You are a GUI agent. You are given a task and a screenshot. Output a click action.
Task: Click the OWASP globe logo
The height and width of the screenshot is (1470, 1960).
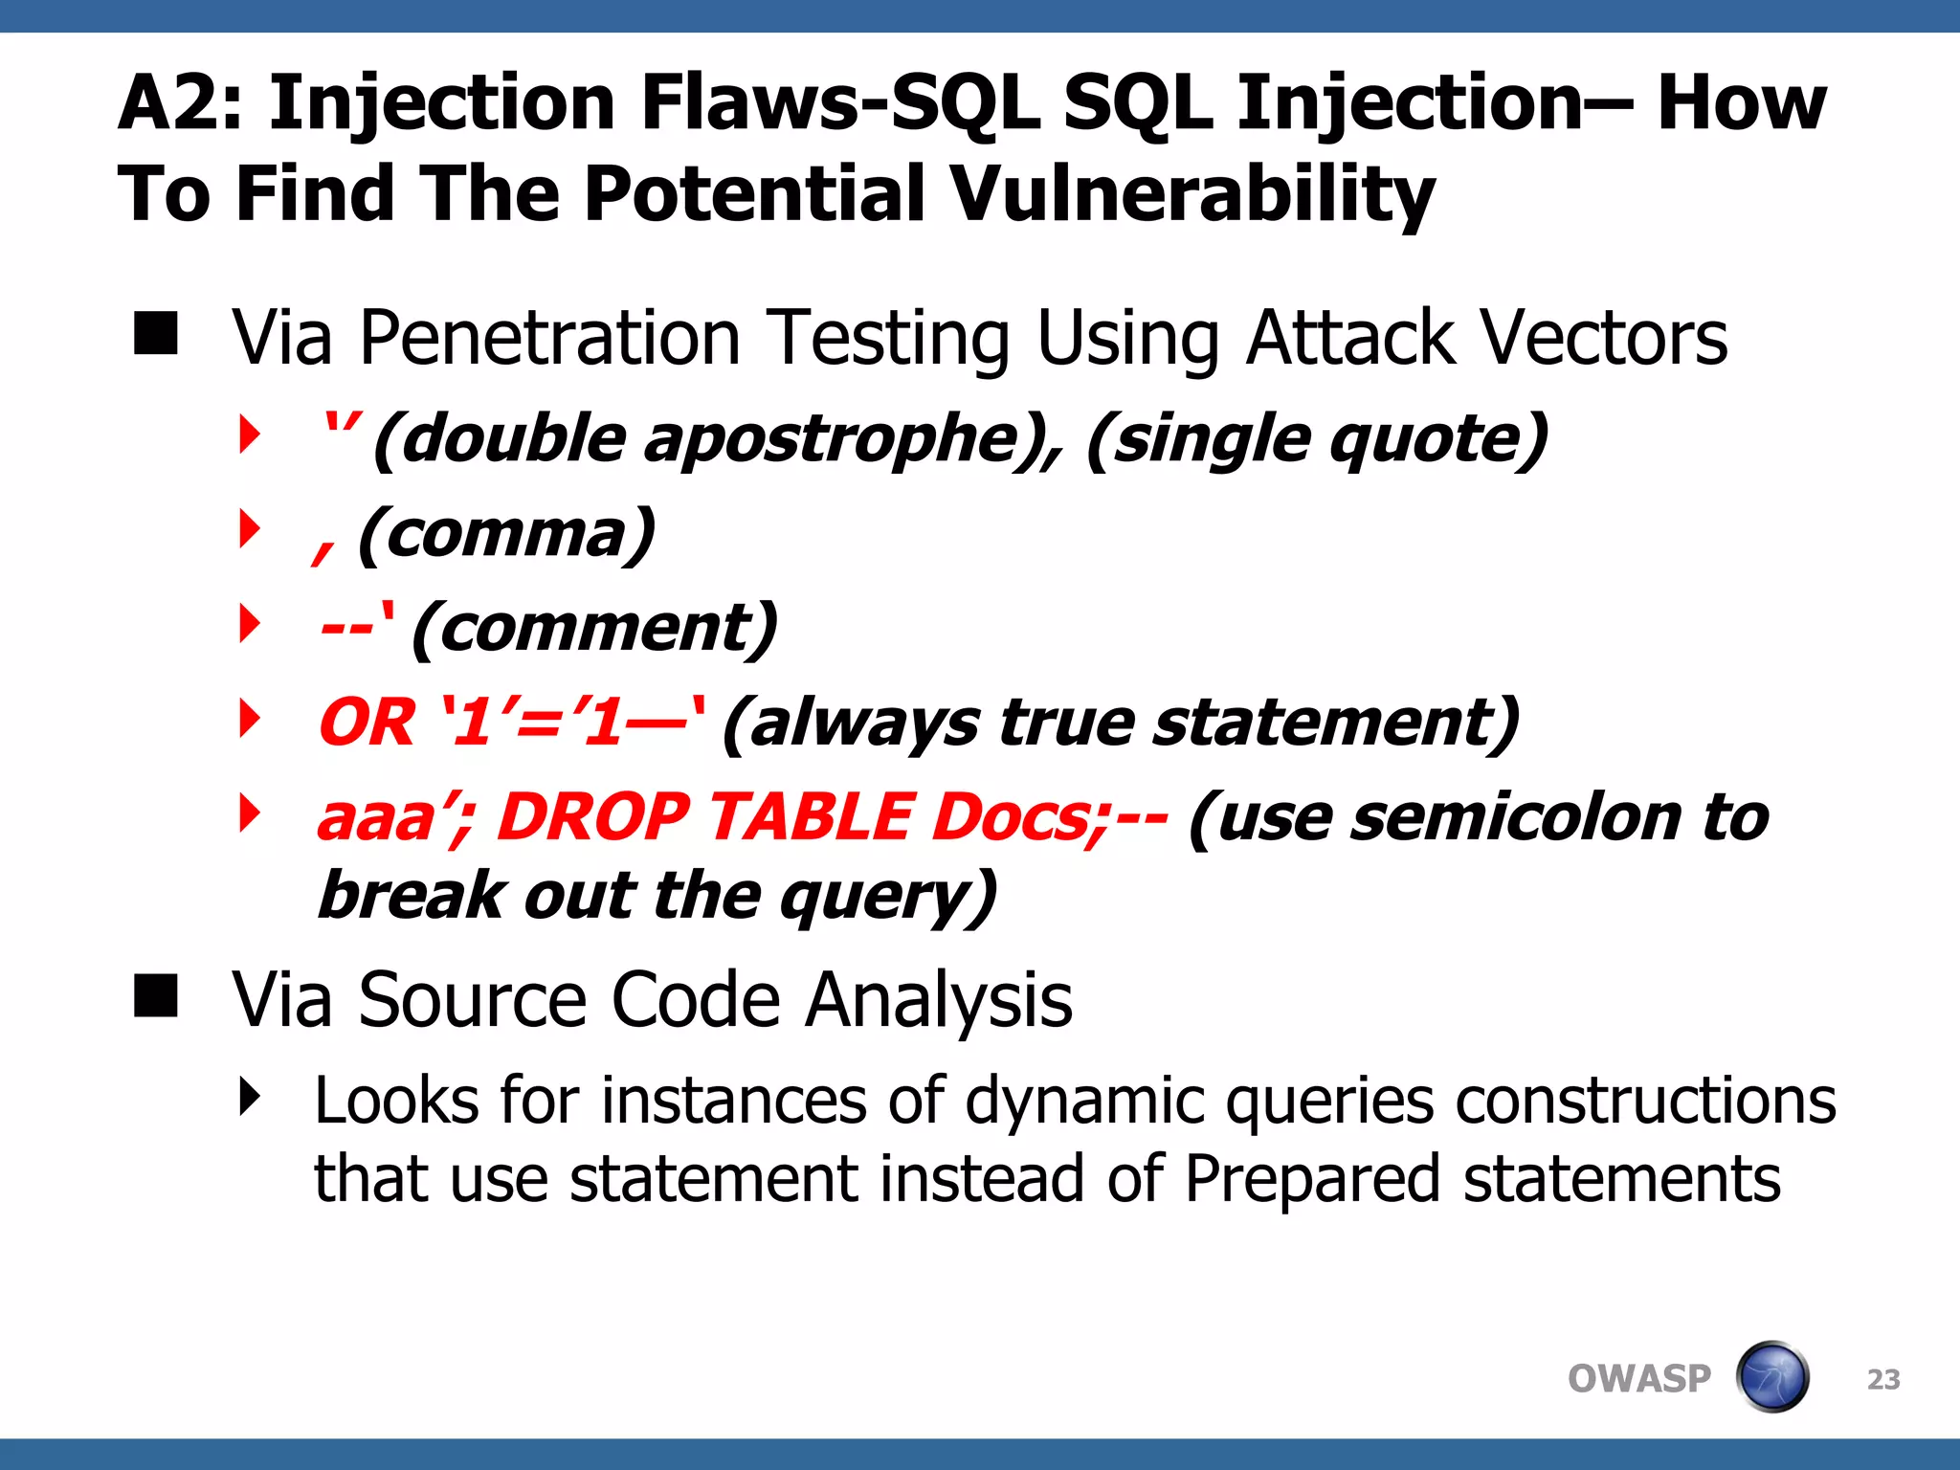point(1771,1377)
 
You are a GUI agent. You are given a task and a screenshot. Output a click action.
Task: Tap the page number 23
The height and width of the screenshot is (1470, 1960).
point(1882,1379)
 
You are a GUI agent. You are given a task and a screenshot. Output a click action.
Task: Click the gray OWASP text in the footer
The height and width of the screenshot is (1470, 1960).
point(1638,1379)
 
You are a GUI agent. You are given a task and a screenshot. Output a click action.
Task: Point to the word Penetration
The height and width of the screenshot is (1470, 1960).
point(549,338)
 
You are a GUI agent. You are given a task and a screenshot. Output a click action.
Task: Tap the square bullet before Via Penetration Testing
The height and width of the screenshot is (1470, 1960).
point(156,334)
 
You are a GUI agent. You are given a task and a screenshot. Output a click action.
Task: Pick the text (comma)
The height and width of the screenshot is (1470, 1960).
point(506,533)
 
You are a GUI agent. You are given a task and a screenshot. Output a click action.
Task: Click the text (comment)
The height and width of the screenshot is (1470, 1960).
point(594,628)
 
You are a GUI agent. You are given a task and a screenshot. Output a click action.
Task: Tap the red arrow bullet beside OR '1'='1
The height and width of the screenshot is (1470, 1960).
point(250,719)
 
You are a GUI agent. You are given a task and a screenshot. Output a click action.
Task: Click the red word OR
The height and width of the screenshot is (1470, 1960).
point(367,723)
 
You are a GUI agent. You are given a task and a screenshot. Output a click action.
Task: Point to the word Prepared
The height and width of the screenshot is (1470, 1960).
point(1311,1179)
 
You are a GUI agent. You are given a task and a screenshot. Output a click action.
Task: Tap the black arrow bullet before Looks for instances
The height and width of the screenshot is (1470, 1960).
point(250,1097)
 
